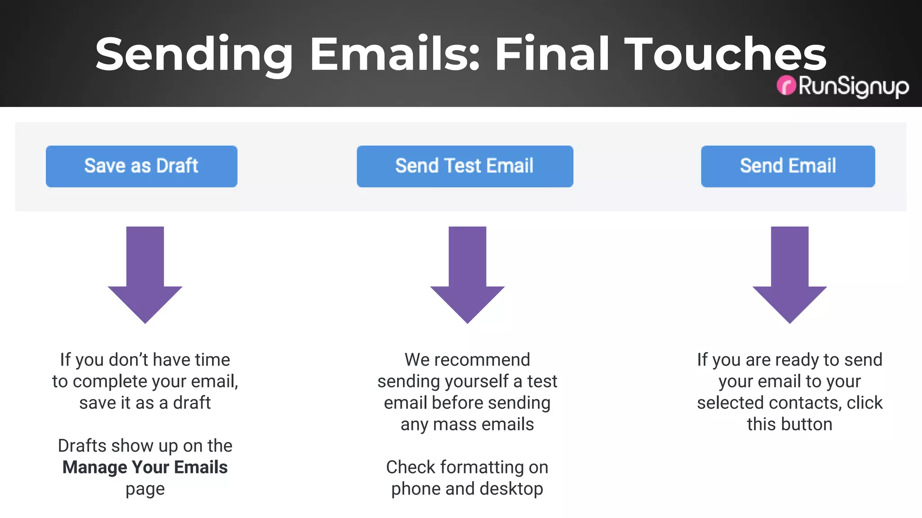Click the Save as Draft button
[141, 166]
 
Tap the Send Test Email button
[465, 166]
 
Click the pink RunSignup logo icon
[786, 85]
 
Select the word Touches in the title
[725, 54]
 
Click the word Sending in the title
[194, 55]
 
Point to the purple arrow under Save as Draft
[145, 274]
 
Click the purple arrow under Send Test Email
[467, 274]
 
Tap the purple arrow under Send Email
[790, 274]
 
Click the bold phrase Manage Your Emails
[145, 467]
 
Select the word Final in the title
[552, 54]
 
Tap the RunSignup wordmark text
[853, 86]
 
